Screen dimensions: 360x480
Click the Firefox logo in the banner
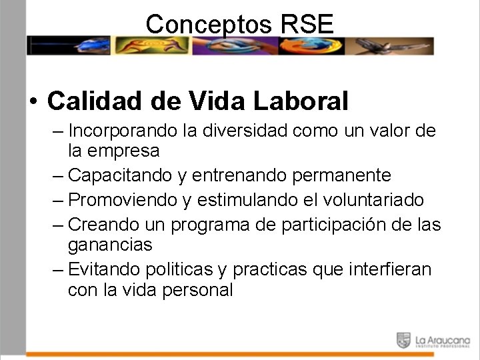pos(302,45)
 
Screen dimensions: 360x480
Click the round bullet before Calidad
pos(33,102)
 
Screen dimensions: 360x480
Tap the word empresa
pos(123,151)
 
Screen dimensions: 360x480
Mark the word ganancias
pos(110,245)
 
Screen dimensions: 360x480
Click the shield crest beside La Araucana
pos(403,340)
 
